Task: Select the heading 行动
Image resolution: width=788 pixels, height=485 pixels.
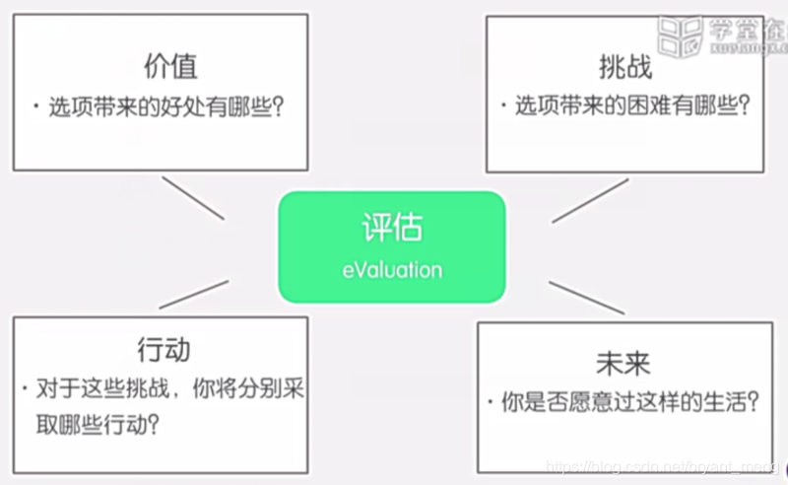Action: [x=164, y=349]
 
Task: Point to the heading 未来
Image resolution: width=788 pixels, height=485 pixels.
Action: [x=623, y=363]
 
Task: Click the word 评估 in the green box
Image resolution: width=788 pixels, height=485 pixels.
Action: [x=391, y=229]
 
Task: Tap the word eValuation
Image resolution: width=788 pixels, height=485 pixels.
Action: [x=391, y=268]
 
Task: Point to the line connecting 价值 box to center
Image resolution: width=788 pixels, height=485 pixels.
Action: [x=192, y=197]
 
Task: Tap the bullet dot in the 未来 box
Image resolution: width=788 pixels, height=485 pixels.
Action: [x=490, y=402]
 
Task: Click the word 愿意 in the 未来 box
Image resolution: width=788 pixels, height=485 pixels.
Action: [x=592, y=402]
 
